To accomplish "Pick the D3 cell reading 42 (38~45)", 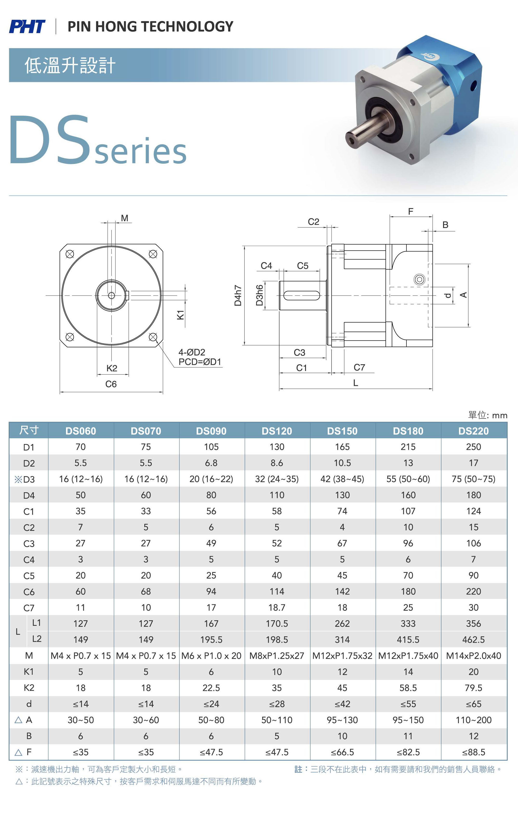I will (x=342, y=479).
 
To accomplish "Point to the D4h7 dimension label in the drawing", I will (x=238, y=295).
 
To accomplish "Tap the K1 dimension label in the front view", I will (x=180, y=315).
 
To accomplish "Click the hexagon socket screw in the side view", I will (x=420, y=280).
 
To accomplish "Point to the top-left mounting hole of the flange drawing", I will (x=70, y=254).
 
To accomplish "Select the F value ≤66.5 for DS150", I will (x=342, y=752).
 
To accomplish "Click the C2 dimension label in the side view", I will (x=313, y=222).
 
